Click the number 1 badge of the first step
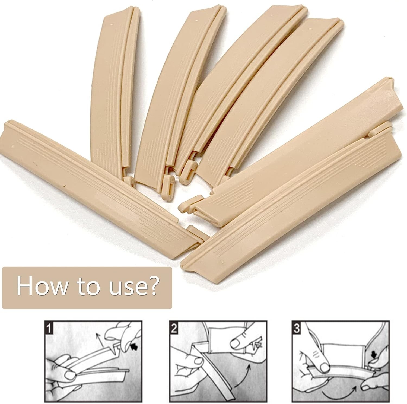[x=49, y=328]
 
